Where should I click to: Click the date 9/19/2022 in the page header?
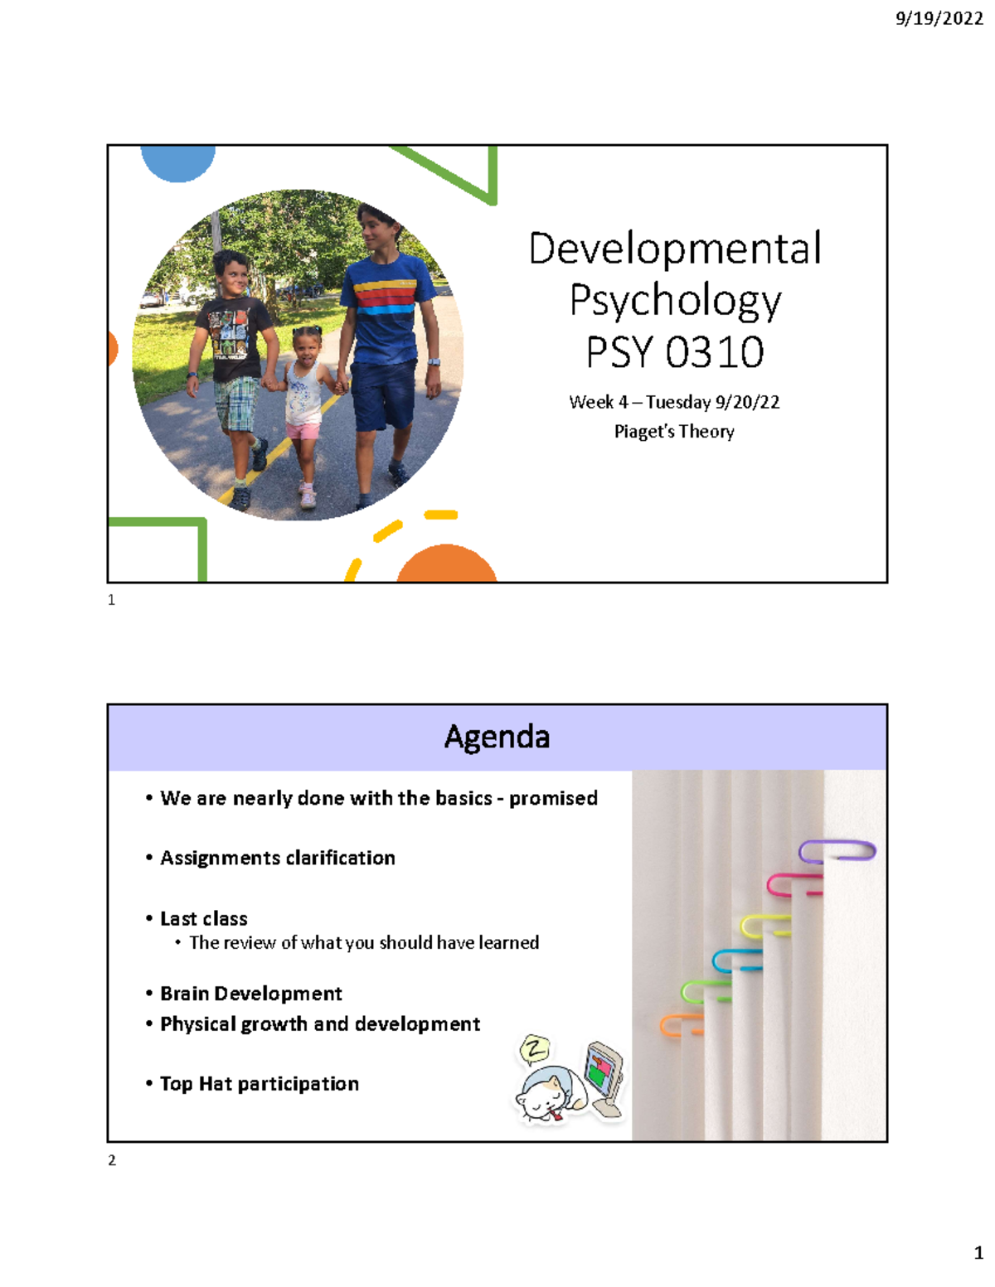point(939,18)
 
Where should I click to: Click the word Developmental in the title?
point(675,248)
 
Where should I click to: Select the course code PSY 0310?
point(675,351)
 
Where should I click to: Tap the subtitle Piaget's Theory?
point(674,431)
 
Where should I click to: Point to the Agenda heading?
point(497,737)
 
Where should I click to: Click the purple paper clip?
point(837,851)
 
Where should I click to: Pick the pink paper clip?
point(794,885)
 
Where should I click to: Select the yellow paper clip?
point(764,925)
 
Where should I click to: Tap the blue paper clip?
point(736,960)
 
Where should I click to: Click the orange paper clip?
point(680,1025)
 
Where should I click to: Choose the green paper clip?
point(705,991)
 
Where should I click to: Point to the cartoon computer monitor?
point(604,1074)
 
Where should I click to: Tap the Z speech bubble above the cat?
point(535,1050)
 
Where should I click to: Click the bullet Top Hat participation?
point(259,1084)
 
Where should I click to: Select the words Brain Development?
point(250,994)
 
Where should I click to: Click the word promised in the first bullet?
point(553,798)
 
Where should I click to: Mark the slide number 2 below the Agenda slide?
point(112,1160)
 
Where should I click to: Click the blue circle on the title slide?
point(177,162)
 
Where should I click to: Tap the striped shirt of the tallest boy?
point(387,298)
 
